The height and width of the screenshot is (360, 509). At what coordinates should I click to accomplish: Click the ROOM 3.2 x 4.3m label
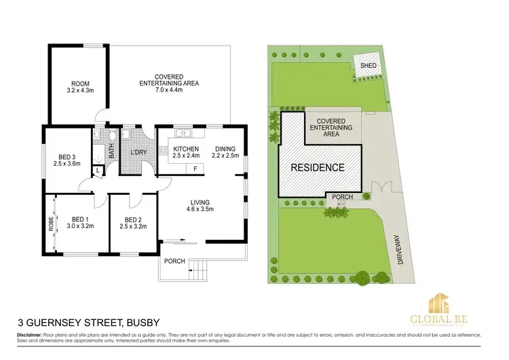point(79,86)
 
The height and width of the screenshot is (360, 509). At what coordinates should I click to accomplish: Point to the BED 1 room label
point(81,223)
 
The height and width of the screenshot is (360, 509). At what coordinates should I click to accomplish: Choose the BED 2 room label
point(133,223)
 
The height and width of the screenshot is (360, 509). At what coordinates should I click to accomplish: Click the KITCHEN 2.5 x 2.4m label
point(185,152)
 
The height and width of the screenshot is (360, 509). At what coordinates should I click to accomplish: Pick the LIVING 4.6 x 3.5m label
point(200,206)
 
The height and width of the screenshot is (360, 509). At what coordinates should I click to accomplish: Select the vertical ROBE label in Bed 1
point(51,225)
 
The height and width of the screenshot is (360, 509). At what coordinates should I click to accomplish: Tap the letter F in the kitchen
point(195,168)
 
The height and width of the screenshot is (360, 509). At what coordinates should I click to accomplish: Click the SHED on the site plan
point(368,66)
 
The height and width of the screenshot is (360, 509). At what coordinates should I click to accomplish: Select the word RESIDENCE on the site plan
point(318,167)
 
